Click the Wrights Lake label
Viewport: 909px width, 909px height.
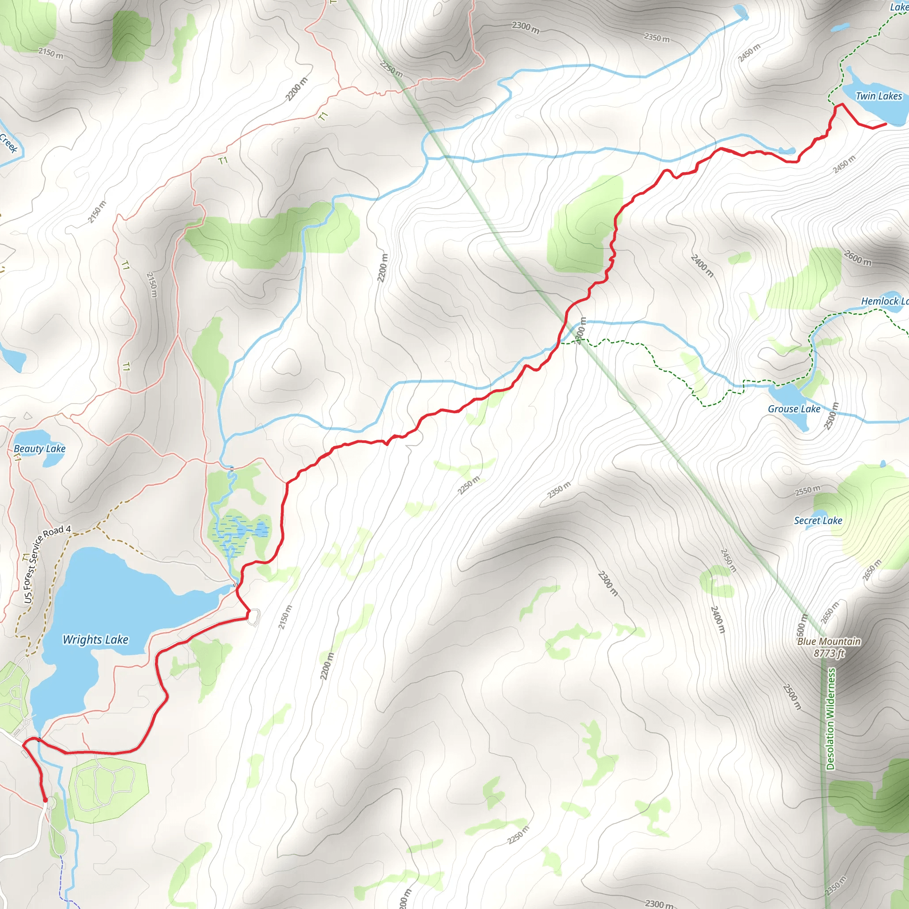coord(95,640)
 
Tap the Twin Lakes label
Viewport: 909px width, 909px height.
coord(878,96)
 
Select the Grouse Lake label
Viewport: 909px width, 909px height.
coord(794,409)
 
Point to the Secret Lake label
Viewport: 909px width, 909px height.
coord(818,520)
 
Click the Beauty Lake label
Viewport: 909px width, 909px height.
coord(40,449)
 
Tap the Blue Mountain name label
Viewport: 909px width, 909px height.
coord(829,641)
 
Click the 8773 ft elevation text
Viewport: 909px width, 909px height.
coord(829,653)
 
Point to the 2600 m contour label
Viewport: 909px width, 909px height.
coord(858,258)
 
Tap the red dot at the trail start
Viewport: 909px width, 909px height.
coord(45,800)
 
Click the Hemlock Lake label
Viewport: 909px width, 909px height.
coord(885,301)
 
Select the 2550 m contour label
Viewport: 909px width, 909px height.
coord(808,491)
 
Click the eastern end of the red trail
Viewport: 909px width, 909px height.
coord(886,124)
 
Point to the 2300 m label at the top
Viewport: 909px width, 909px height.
coord(526,27)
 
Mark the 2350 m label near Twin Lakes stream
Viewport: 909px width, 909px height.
coord(657,37)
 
